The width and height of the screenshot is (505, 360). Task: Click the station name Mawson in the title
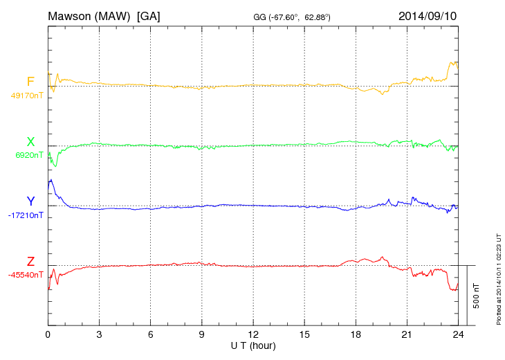pyautogui.click(x=71, y=15)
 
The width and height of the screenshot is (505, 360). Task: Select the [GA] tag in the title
pyautogui.click(x=149, y=15)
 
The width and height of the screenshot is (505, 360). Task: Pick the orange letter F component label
pyautogui.click(x=30, y=82)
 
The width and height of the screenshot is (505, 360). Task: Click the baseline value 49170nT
pyautogui.click(x=27, y=96)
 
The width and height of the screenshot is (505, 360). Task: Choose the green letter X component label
pyautogui.click(x=30, y=142)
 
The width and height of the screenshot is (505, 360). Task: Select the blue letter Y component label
pyautogui.click(x=30, y=201)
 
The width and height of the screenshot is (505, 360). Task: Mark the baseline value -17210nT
pyautogui.click(x=27, y=215)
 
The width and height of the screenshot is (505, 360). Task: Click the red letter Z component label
pyautogui.click(x=30, y=262)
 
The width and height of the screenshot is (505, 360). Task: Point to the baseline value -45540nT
pyautogui.click(x=27, y=275)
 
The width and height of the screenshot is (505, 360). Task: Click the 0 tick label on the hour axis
pyautogui.click(x=48, y=334)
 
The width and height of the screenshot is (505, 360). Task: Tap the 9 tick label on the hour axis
pyautogui.click(x=201, y=334)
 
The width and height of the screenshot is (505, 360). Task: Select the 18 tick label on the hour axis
pyautogui.click(x=356, y=334)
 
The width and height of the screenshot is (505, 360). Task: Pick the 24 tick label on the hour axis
pyautogui.click(x=458, y=334)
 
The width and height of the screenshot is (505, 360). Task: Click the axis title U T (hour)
pyautogui.click(x=253, y=345)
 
